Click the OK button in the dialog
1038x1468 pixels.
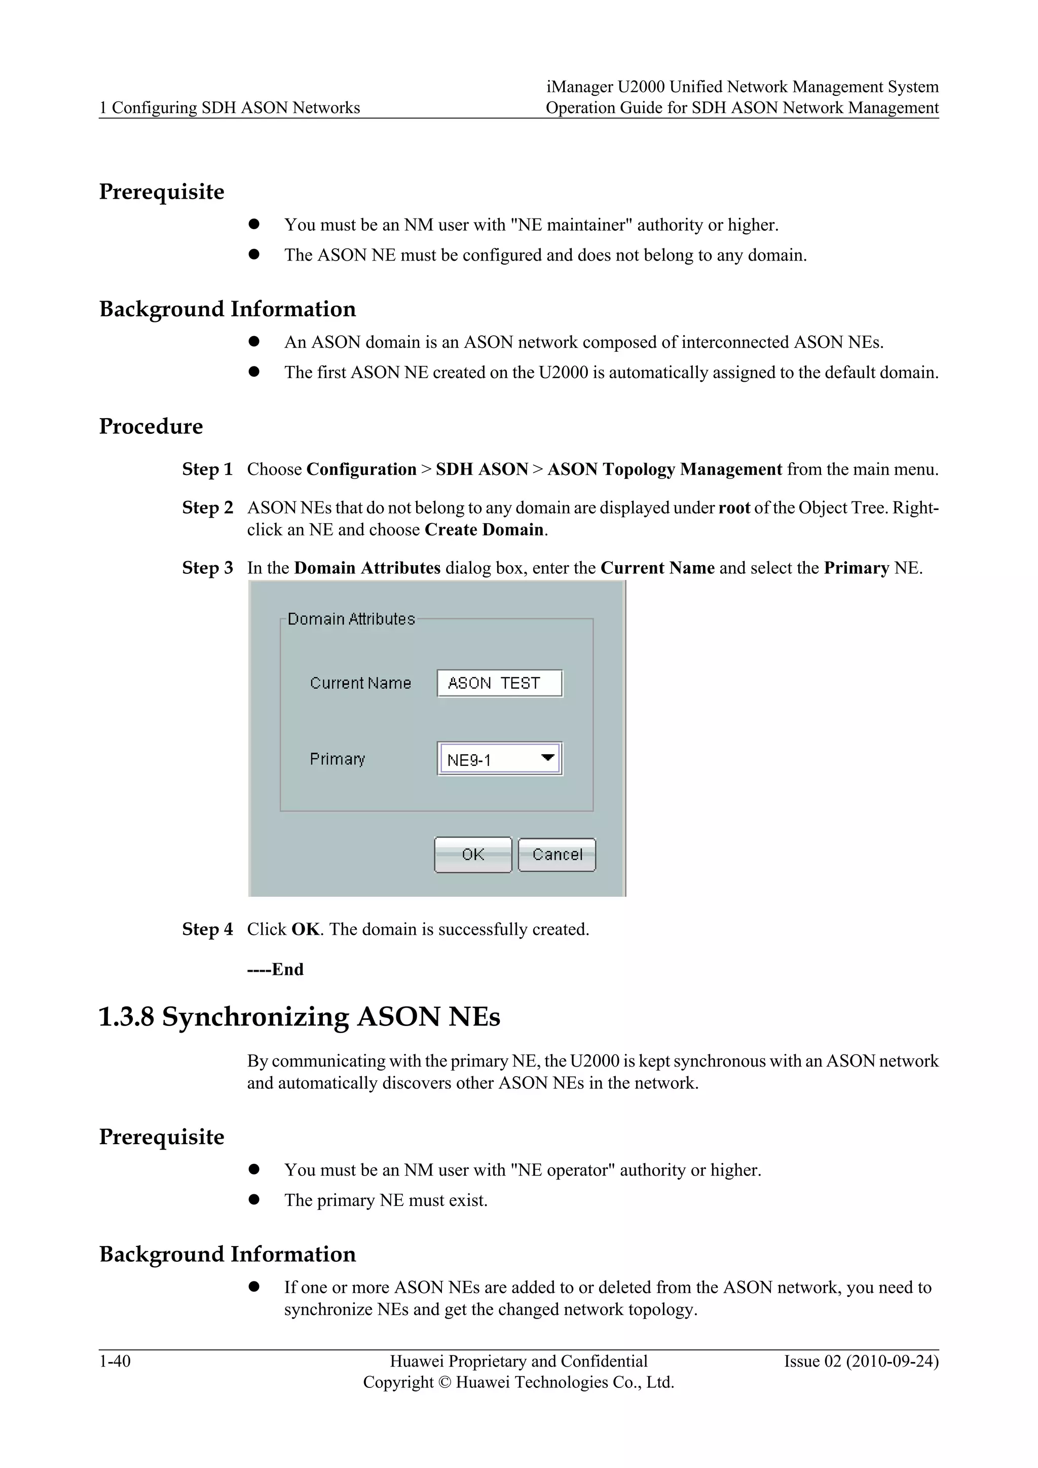[473, 854]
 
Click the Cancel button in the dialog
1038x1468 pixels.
[557, 854]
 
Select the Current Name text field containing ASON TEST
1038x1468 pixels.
[499, 683]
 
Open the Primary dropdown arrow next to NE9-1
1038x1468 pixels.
[547, 758]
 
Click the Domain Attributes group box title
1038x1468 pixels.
[351, 619]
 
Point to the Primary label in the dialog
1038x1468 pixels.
[337, 759]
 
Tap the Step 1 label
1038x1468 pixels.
[207, 469]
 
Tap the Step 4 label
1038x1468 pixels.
[207, 929]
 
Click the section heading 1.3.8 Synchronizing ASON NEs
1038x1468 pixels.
[299, 1017]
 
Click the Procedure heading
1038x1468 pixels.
[151, 426]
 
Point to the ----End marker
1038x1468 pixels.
[276, 969]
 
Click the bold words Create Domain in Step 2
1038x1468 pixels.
[485, 530]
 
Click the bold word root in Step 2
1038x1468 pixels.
[734, 508]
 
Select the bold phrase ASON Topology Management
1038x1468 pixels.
[665, 469]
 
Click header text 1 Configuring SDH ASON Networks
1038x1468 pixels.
[230, 107]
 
